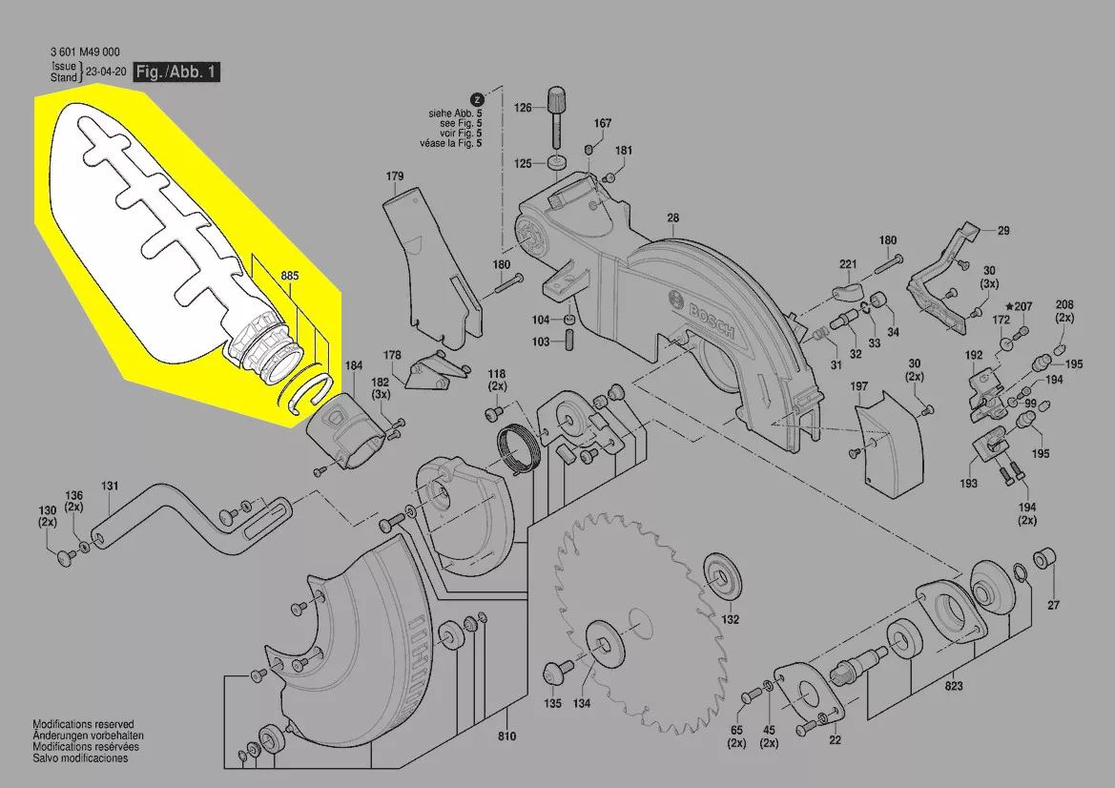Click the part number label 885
(x=290, y=276)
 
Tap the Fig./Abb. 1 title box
(x=177, y=73)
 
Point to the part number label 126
(x=524, y=108)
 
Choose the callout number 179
(x=395, y=176)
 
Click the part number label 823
(x=954, y=686)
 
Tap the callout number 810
(x=506, y=736)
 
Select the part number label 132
(x=730, y=619)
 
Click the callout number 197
(x=859, y=386)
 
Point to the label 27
(x=1054, y=606)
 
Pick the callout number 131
(x=110, y=487)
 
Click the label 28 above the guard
(x=673, y=218)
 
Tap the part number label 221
(x=849, y=264)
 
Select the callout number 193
(x=969, y=484)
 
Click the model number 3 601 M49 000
(x=84, y=52)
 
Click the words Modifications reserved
(x=83, y=725)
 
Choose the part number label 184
(x=353, y=365)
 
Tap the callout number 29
(x=1002, y=230)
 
